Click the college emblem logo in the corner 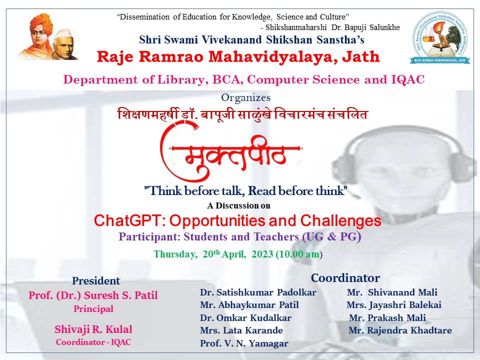[x=439, y=37]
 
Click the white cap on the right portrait [x=63, y=33]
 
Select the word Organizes [x=246, y=97]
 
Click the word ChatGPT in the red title [x=129, y=220]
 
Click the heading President [x=96, y=280]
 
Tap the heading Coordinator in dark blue [x=345, y=278]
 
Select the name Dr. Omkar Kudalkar [x=245, y=318]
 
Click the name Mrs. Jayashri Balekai [x=394, y=305]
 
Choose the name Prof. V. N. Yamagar [x=244, y=343]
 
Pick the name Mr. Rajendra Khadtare [x=400, y=330]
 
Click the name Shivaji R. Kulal [x=93, y=329]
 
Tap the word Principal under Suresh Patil [x=93, y=308]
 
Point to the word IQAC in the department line [x=408, y=79]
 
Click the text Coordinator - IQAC [x=93, y=342]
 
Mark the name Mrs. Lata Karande [x=241, y=330]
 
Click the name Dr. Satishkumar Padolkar [x=258, y=292]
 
